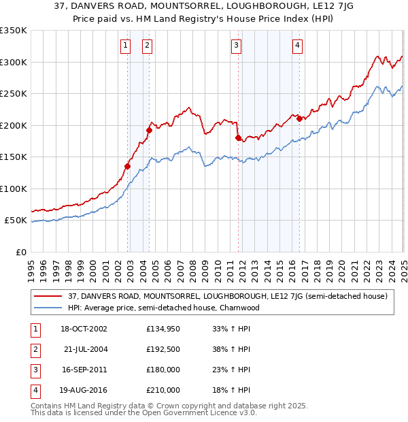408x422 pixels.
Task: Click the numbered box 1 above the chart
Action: [126, 46]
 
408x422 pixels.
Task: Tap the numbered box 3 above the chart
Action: [236, 46]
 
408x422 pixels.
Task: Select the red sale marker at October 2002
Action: [128, 166]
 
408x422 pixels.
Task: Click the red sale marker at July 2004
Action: [149, 130]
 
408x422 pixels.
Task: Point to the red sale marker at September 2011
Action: [238, 137]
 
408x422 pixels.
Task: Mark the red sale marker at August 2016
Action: [299, 118]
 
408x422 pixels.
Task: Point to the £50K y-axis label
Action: [15, 221]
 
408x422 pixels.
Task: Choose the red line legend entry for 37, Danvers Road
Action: [228, 296]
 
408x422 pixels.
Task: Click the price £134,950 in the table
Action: [163, 329]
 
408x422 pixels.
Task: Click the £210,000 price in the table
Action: [163, 390]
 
